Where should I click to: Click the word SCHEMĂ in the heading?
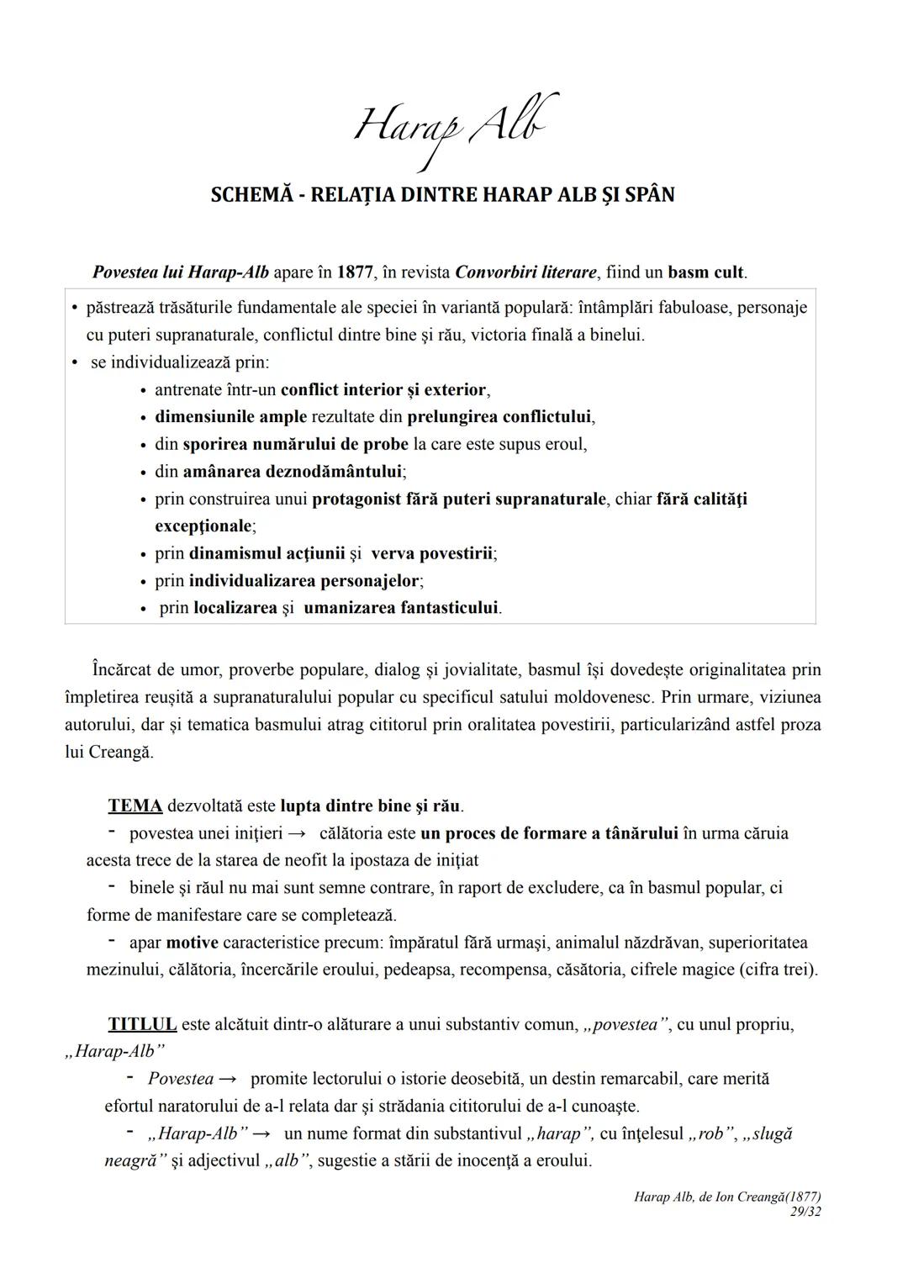(250, 195)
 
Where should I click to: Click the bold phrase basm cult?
(706, 272)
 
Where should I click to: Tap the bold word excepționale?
(203, 526)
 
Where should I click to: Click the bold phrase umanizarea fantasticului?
(401, 608)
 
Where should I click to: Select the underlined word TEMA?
(135, 806)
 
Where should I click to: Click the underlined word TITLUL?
(142, 1025)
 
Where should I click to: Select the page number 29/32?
(805, 1212)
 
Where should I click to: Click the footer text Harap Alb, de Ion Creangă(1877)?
(727, 1197)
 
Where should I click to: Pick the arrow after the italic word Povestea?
(227, 1079)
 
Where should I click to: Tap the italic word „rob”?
(709, 1134)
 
